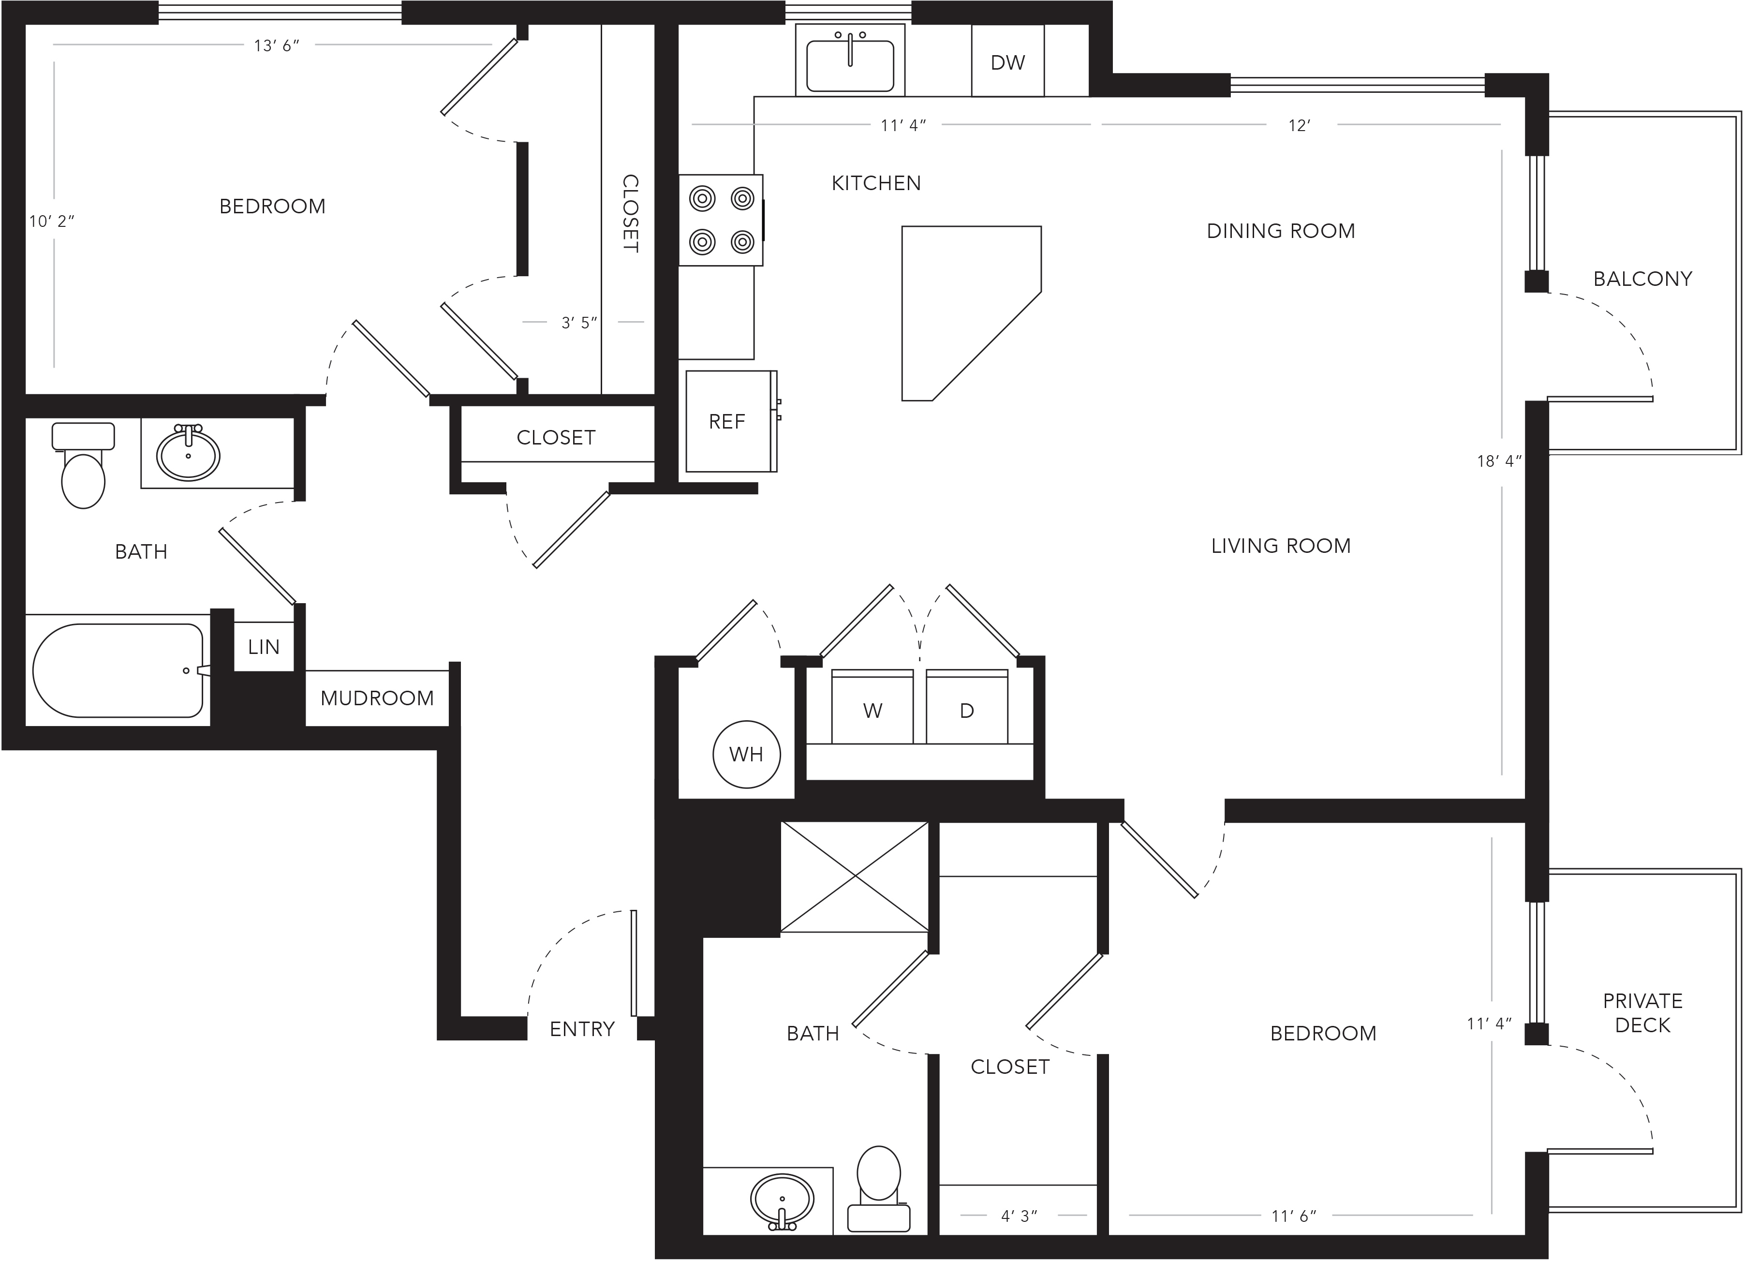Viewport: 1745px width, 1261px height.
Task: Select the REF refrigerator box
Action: (731, 421)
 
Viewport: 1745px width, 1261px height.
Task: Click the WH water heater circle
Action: (746, 754)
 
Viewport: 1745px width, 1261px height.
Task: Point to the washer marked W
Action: (872, 707)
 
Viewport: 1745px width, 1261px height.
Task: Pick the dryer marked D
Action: (967, 707)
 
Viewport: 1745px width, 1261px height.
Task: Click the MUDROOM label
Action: (377, 698)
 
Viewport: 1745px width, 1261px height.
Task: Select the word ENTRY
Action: (582, 1029)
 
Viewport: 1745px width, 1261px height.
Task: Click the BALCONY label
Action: (1642, 279)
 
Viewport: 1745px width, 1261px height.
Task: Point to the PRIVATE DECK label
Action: (1642, 1012)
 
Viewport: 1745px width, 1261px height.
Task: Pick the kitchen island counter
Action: (972, 313)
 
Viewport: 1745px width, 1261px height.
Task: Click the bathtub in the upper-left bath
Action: (118, 670)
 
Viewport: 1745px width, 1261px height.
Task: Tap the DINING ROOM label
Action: (1281, 231)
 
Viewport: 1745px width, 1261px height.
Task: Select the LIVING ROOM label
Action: (1281, 546)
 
